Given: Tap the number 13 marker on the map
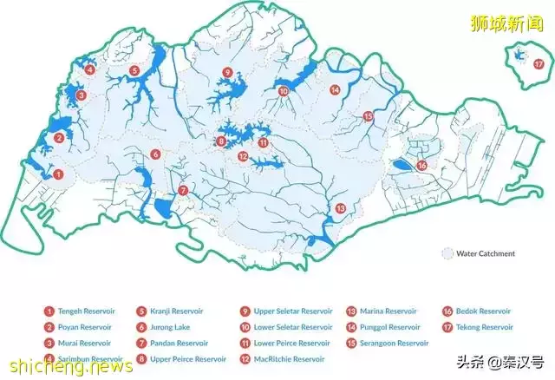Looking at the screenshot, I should pos(341,208).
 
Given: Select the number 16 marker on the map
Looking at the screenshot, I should pos(422,165).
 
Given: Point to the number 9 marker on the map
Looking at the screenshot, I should pos(227,72).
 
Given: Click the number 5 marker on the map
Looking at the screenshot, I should pos(134,70).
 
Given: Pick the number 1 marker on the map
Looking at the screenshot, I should pos(58,174).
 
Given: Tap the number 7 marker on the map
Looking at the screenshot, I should pos(183,190).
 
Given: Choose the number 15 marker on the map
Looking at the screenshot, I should pos(368,116).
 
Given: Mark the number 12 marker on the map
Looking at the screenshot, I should pos(244,156).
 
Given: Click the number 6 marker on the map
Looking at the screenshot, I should pos(155,154).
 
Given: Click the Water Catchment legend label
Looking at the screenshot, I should pos(491,254).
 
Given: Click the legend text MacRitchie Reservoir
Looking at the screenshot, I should pos(290,359).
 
